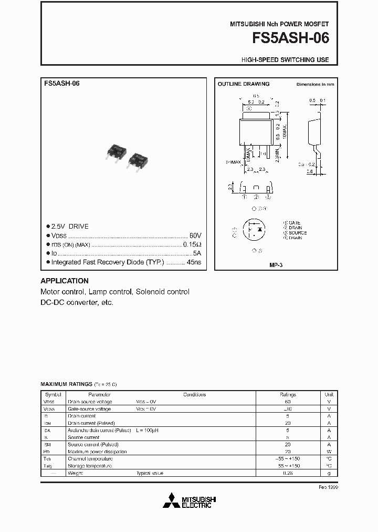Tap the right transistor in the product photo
[137, 159]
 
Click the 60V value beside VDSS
[195, 236]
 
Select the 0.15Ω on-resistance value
[192, 244]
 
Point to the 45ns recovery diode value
[194, 262]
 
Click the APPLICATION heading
[65, 281]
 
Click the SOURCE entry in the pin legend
[297, 232]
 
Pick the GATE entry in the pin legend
[295, 223]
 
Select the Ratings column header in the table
[288, 394]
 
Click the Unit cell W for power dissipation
[329, 452]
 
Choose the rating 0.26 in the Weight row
[288, 473]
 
